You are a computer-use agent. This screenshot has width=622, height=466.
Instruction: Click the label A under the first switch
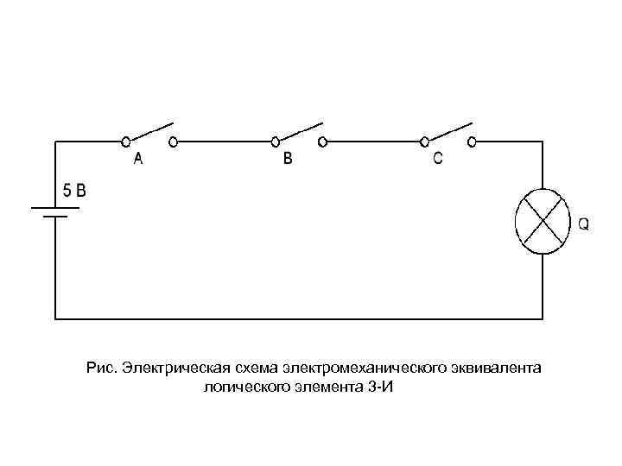138,160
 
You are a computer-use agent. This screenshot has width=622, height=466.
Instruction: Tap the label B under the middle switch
288,159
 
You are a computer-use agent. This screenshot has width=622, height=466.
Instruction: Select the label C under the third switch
438,159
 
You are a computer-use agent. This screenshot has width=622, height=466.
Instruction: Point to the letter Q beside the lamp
584,224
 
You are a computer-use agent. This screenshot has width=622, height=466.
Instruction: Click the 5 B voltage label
73,191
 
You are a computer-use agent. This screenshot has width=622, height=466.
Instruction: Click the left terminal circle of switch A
126,140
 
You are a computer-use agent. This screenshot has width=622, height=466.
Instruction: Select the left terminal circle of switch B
276,140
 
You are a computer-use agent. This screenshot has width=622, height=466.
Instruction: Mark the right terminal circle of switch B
322,140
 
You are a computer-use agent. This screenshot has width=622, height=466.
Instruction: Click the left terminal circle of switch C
425,140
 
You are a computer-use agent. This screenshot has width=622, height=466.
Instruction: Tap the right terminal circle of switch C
471,140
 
